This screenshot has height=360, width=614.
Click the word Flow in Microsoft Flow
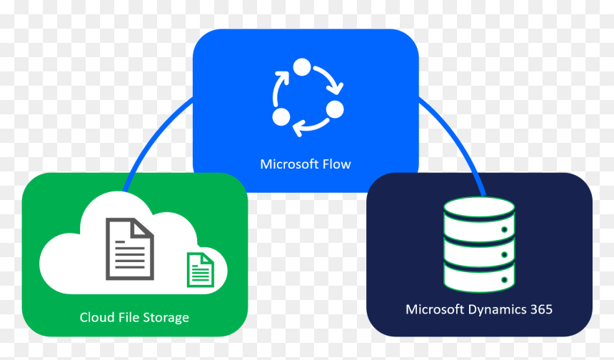pos(336,164)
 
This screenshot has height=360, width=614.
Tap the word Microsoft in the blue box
pos(289,164)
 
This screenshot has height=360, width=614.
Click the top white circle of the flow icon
pos(302,67)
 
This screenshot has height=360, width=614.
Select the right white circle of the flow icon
pos(334,109)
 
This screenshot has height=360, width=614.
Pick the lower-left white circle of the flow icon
pos(281,116)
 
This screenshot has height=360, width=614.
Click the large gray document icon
pos(130,249)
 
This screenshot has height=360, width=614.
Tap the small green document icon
pos(201,270)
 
